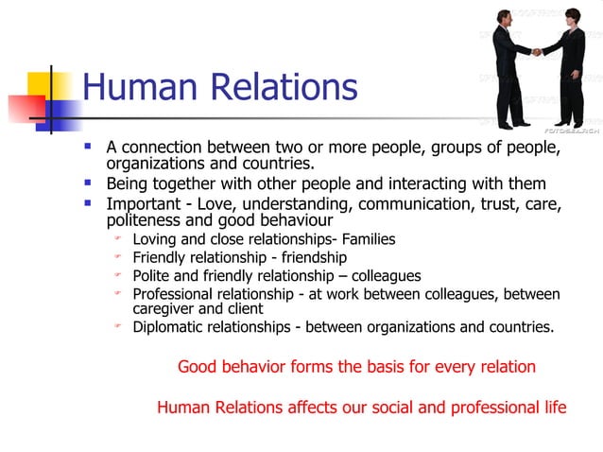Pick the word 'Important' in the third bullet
pos(142,203)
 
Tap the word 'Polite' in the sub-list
pos(152,276)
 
